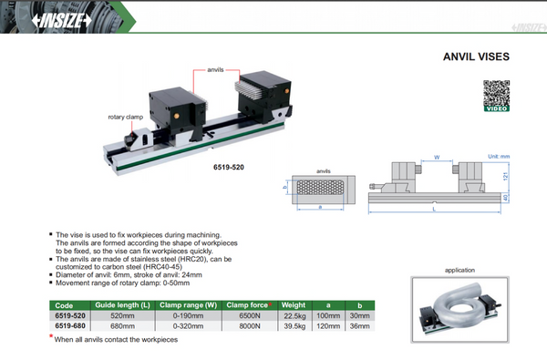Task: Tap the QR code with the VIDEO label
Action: click(x=496, y=95)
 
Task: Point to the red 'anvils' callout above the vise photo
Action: click(x=215, y=70)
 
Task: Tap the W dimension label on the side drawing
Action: click(x=438, y=158)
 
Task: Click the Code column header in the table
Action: click(x=64, y=306)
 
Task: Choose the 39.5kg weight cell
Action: click(x=294, y=325)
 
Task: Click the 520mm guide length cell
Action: click(x=122, y=316)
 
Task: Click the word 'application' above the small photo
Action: click(x=460, y=271)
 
